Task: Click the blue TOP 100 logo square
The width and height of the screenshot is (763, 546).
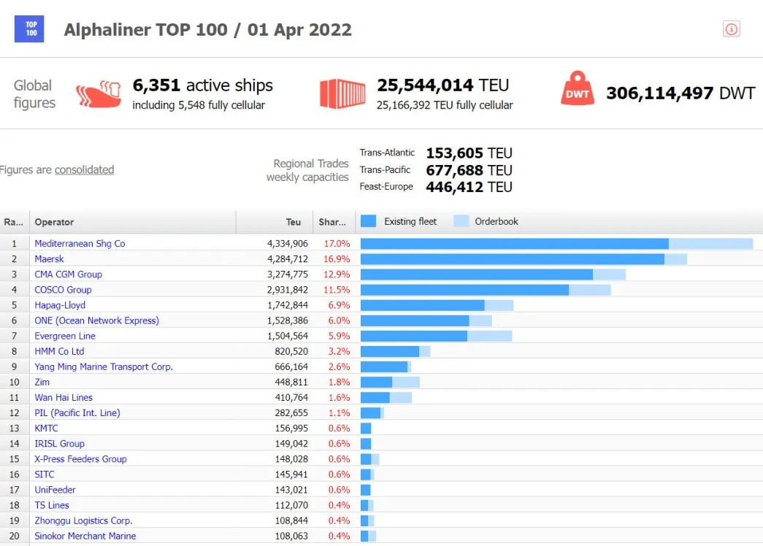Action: click(29, 29)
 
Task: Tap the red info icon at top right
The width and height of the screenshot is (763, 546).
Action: click(732, 29)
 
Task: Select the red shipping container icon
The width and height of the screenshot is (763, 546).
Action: click(342, 93)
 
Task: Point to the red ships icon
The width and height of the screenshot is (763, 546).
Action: click(99, 93)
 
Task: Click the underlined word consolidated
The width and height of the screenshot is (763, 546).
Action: click(84, 169)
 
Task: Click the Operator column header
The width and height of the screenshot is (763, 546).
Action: click(54, 222)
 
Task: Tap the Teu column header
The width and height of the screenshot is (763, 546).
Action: click(294, 222)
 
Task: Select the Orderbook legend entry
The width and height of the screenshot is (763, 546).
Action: click(487, 221)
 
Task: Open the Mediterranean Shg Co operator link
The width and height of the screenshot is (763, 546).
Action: click(80, 243)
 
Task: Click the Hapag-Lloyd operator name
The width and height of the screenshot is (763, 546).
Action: click(60, 305)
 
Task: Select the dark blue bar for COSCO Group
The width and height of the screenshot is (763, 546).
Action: click(464, 290)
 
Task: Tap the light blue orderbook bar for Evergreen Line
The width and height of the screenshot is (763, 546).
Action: click(489, 336)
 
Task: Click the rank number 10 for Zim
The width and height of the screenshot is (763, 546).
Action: click(15, 382)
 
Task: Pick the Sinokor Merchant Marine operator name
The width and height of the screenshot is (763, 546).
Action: click(85, 536)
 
